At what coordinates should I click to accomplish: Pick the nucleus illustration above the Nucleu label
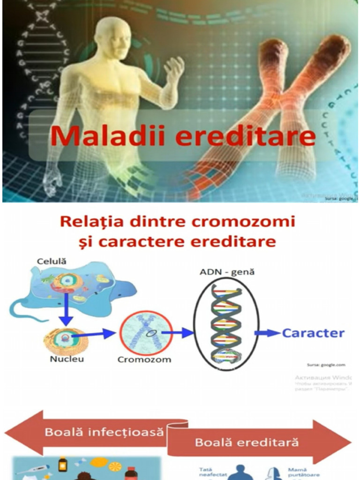(65, 341)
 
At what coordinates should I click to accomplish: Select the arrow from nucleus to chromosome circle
(100, 334)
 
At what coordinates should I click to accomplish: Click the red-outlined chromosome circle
(146, 333)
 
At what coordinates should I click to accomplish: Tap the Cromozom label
(144, 360)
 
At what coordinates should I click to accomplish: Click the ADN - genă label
(227, 272)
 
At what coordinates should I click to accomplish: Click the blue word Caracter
(313, 333)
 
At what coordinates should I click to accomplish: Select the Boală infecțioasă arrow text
(105, 432)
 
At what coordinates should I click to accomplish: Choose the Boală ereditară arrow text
(247, 442)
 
